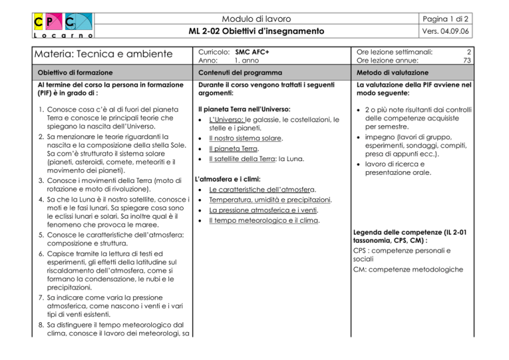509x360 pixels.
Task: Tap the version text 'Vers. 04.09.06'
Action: [471, 30]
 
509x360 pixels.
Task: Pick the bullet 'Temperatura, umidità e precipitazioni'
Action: [270, 200]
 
